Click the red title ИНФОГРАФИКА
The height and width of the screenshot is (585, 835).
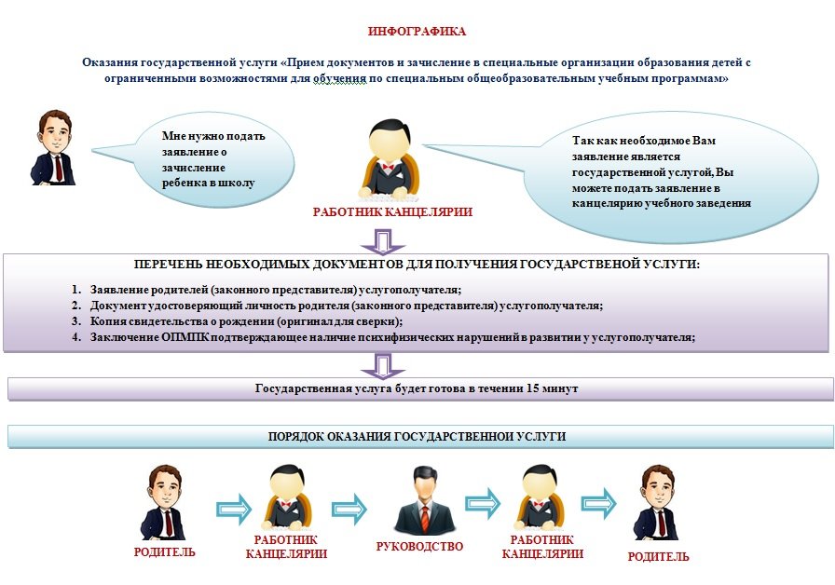[x=417, y=32]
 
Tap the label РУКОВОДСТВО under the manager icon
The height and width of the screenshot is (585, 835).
[x=419, y=547]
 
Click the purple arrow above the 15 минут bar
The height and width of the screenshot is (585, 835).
[x=383, y=367]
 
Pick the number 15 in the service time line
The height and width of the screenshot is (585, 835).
[x=532, y=388]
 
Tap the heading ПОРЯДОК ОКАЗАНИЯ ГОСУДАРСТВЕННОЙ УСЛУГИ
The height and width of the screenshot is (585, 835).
[x=417, y=437]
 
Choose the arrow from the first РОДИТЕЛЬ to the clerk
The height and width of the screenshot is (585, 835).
[x=234, y=510]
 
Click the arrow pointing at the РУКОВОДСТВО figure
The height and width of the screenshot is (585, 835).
[x=349, y=510]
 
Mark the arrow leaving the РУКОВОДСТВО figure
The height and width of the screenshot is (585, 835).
[x=483, y=503]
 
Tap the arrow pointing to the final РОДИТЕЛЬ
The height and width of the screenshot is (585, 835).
[x=598, y=503]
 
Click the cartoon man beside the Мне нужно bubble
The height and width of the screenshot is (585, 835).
[x=53, y=148]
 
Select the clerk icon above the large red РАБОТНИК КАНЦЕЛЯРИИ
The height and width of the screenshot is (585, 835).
[x=390, y=158]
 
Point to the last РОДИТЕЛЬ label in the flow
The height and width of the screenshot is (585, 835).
[x=658, y=557]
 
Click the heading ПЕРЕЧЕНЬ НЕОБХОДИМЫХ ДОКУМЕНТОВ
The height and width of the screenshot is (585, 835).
[x=417, y=265]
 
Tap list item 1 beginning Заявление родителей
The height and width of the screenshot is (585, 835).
[x=267, y=290]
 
